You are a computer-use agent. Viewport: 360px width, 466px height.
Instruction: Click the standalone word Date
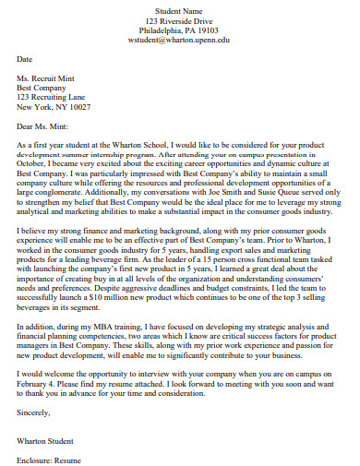click(25, 59)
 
